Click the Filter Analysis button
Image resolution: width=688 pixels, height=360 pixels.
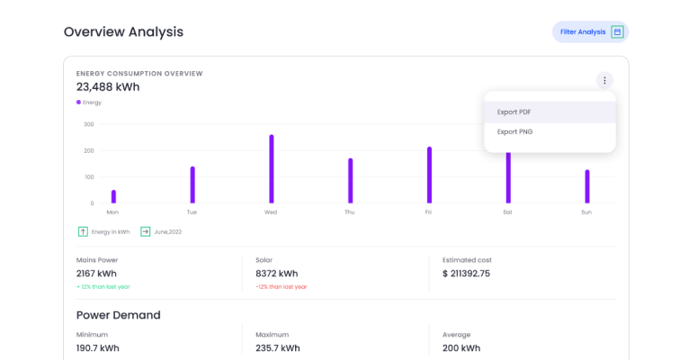(590, 32)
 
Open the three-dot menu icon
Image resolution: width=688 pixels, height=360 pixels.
(604, 80)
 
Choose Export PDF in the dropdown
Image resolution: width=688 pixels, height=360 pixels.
(514, 112)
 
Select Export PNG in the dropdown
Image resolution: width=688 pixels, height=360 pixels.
(514, 131)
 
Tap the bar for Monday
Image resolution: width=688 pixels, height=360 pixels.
(113, 196)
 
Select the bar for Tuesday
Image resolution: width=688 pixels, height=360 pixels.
(192, 184)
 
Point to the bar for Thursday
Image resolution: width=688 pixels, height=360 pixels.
(350, 181)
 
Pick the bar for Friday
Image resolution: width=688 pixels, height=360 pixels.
(429, 175)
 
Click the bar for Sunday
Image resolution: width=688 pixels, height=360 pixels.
(587, 186)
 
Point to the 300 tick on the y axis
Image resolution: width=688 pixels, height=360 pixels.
(89, 124)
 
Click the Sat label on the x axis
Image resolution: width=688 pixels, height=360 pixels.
(507, 212)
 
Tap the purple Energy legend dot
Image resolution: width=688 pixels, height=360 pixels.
(79, 103)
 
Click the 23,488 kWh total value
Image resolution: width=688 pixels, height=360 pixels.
(108, 87)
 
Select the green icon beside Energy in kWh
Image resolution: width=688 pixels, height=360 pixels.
(83, 231)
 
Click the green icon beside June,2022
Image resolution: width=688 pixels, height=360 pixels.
(145, 231)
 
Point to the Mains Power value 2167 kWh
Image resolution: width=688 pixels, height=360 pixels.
(97, 274)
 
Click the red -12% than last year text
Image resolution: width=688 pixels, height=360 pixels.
(281, 287)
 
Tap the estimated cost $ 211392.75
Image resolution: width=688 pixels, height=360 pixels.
(466, 274)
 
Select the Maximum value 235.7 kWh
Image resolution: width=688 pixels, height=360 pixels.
(278, 348)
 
